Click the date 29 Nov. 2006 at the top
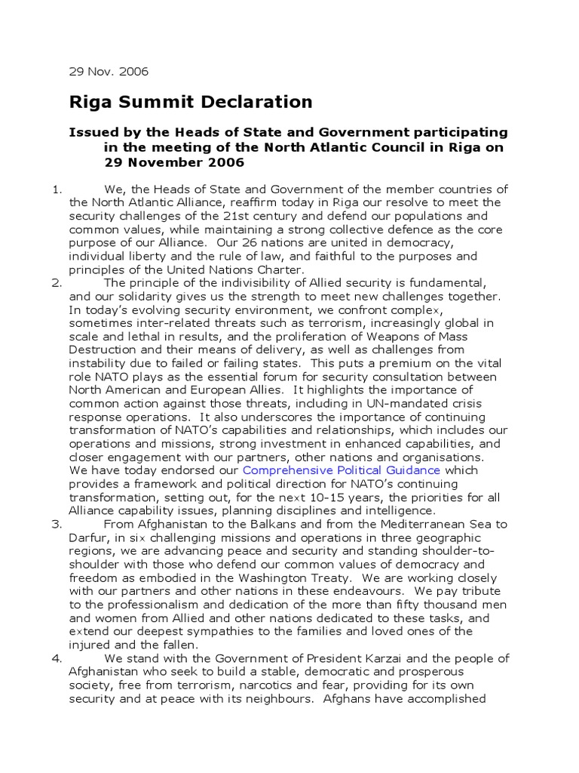pos(109,72)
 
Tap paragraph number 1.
pos(56,189)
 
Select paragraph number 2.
pos(56,283)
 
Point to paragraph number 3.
pos(56,524)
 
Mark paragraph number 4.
pos(56,658)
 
